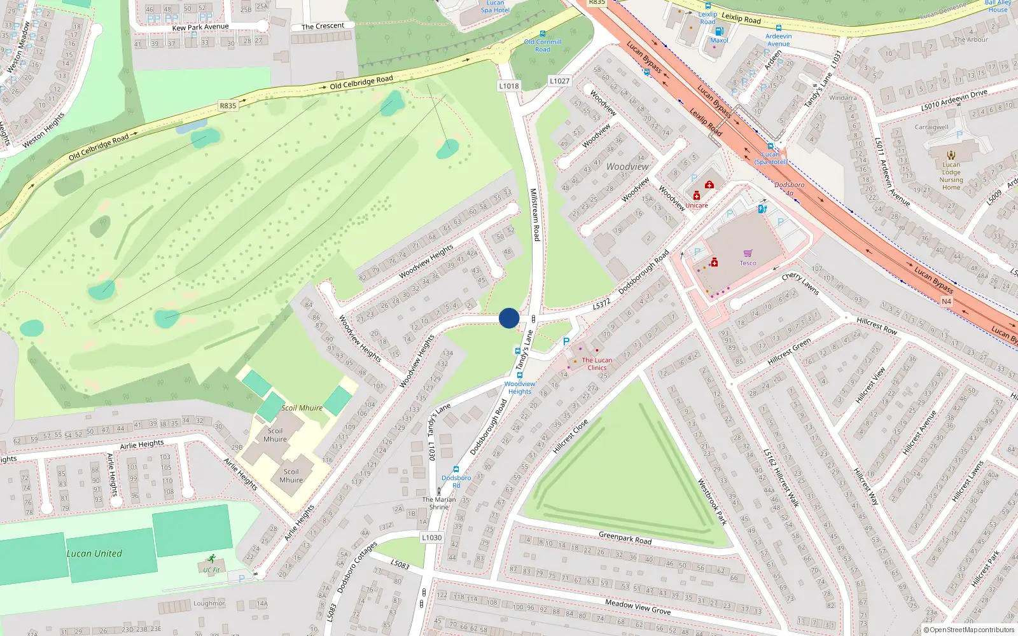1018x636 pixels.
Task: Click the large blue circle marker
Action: click(509, 318)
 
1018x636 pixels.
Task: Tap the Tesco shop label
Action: click(748, 263)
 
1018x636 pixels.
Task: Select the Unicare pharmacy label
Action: click(696, 205)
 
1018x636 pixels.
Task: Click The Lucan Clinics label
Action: click(597, 364)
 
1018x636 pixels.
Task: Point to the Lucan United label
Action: click(94, 553)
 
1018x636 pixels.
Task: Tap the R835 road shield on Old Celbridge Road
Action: click(228, 106)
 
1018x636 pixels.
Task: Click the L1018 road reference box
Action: click(508, 86)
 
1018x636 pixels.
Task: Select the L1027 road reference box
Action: click(559, 81)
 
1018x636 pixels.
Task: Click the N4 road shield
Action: click(946, 301)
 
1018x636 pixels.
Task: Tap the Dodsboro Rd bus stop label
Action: click(456, 481)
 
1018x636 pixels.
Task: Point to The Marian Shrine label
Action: click(439, 503)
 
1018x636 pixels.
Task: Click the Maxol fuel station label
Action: click(719, 40)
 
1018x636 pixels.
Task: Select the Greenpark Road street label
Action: click(625, 538)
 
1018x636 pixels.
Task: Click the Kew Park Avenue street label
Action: click(200, 27)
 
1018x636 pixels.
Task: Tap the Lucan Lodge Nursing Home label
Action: click(951, 176)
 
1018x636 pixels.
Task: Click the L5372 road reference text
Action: click(601, 305)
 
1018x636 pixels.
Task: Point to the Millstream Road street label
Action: click(535, 214)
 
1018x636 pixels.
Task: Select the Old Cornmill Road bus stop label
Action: click(543, 45)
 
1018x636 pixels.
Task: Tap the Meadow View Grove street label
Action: click(638, 607)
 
